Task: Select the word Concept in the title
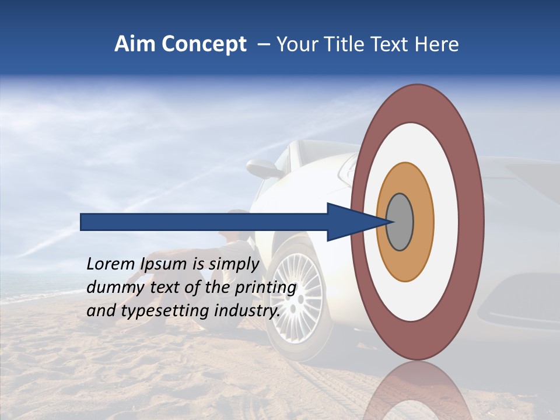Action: tap(204, 45)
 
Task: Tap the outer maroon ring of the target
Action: tap(474, 222)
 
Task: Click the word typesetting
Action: tap(165, 311)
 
